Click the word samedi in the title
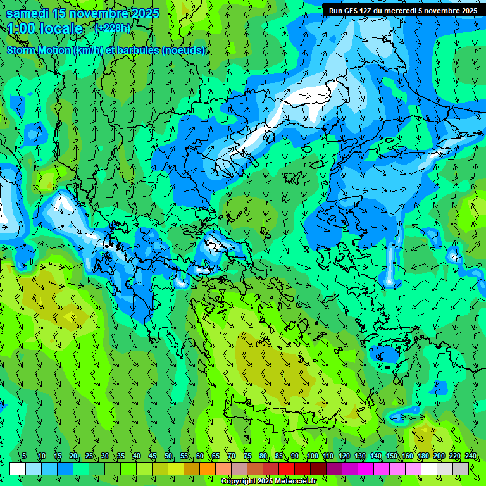(28, 13)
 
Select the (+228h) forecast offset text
(114, 28)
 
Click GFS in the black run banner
(352, 11)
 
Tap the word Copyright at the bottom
(238, 482)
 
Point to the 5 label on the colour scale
(24, 456)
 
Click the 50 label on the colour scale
(168, 456)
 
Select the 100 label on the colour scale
(312, 456)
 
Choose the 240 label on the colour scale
(470, 456)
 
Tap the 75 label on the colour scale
(247, 456)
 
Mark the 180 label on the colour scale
(423, 456)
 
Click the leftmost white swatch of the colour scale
(18, 468)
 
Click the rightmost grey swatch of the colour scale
(461, 468)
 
